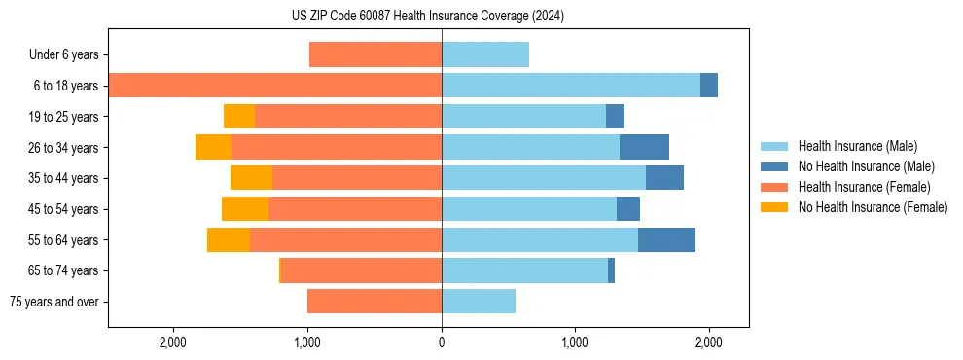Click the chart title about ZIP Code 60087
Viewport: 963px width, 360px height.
[x=427, y=17]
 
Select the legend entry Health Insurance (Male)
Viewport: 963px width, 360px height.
[x=857, y=146]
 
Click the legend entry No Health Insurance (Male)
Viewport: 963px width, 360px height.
[x=866, y=166]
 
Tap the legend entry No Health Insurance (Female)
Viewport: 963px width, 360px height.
[x=873, y=207]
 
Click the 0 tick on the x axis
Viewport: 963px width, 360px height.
[x=442, y=342]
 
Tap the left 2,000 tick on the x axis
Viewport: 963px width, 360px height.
[x=173, y=342]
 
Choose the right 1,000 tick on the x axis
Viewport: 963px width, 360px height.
[x=575, y=342]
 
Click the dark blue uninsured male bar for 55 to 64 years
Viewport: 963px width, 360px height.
[x=666, y=240]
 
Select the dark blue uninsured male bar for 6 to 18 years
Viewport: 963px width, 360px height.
[x=709, y=86]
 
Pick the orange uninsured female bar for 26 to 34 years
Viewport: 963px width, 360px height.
[x=213, y=147]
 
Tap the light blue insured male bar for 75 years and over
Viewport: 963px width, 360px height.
[x=479, y=302]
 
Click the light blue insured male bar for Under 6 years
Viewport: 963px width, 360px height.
[x=485, y=55]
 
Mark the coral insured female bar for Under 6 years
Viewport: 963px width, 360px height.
[x=375, y=55]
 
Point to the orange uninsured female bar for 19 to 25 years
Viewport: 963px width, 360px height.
[x=239, y=117]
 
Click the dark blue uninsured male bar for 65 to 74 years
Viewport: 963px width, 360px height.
[x=611, y=270]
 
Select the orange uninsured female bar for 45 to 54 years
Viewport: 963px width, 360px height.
[x=245, y=209]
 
